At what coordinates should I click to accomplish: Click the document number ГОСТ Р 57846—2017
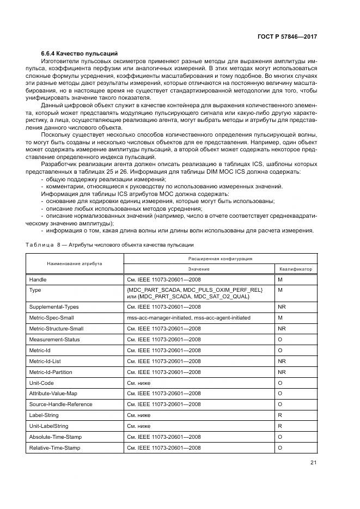pos(287,36)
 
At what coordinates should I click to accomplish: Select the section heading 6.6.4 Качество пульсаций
pos(80,54)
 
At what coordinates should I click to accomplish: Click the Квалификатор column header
pos(296,269)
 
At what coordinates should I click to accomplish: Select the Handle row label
pos(38,279)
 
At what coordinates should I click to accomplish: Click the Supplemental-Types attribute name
pos(54,306)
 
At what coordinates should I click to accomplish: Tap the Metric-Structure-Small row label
pos(56,328)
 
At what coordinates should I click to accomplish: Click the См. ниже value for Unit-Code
pos(138,382)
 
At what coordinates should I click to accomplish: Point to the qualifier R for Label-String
pos(279,415)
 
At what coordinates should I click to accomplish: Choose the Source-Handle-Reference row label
pos(60,404)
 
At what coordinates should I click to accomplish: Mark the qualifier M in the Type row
pos(280,290)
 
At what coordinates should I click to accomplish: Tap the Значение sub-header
pos(199,269)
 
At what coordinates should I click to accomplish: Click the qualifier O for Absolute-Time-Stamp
pos(280,437)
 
